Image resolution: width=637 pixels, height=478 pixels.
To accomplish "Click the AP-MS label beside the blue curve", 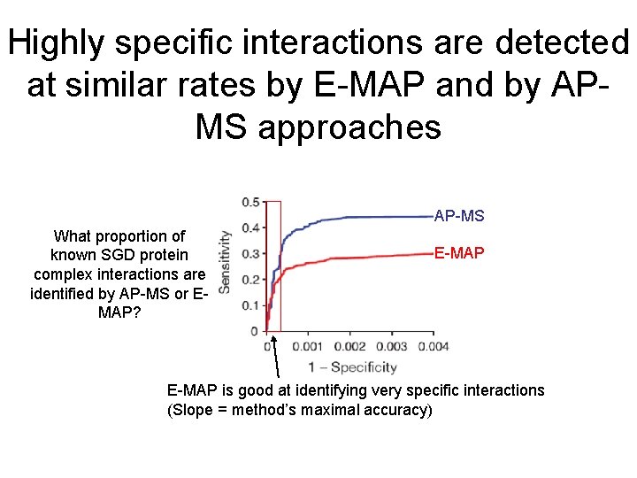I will pos(459,216).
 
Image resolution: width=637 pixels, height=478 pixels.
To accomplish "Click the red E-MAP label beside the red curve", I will pos(459,253).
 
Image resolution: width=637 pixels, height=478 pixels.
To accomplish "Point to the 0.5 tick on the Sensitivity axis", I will pos(251,201).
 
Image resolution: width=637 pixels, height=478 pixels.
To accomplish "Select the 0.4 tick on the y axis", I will pos(251,227).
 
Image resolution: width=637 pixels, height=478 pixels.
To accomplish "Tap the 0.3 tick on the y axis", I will pos(251,253).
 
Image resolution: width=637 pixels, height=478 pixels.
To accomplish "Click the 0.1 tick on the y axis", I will pos(251,305).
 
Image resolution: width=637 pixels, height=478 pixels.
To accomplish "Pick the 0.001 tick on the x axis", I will pos(307,346).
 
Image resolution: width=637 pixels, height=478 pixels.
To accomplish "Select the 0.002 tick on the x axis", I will pos(349,346).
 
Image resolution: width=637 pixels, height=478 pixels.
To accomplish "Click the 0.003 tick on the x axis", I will pos(391,346).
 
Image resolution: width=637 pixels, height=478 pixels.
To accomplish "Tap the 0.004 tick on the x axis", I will pos(433,346).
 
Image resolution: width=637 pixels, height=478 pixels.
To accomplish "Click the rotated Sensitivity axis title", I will pos(226,262).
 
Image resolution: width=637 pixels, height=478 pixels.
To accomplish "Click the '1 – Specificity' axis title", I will pos(351,366).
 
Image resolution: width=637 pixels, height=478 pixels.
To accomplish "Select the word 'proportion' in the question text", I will pos(132,235).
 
